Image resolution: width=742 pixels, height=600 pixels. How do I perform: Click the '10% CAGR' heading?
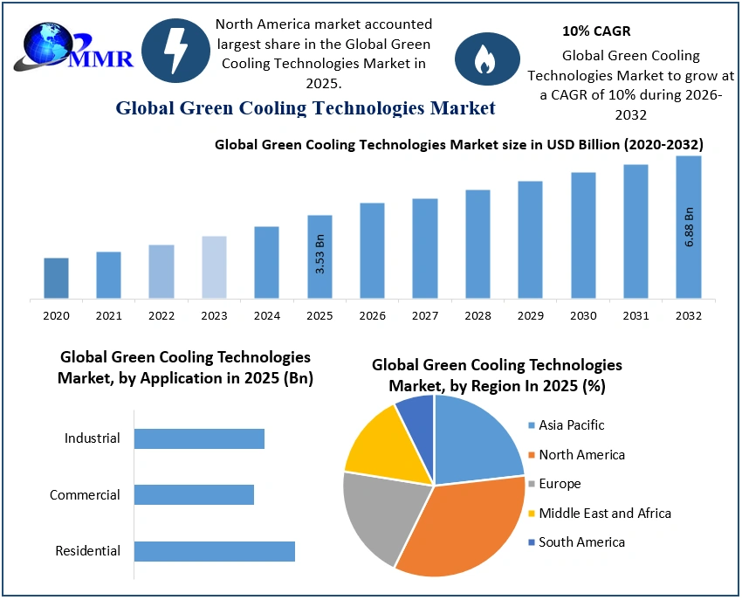(596, 31)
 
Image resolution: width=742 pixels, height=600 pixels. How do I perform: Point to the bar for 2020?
(56, 277)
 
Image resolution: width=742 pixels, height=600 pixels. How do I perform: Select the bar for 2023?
(214, 266)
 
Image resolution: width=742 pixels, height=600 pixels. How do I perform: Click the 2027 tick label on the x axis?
(425, 315)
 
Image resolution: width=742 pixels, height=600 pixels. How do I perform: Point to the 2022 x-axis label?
(161, 315)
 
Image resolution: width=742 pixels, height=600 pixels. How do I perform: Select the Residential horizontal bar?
(215, 551)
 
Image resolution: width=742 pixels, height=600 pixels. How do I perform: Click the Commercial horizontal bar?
(194, 495)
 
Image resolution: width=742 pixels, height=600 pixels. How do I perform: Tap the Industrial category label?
(92, 438)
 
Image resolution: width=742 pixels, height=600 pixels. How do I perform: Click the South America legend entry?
(581, 542)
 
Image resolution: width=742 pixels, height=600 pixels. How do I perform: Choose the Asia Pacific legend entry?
(571, 425)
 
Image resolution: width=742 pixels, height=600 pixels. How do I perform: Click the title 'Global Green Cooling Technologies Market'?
(306, 108)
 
